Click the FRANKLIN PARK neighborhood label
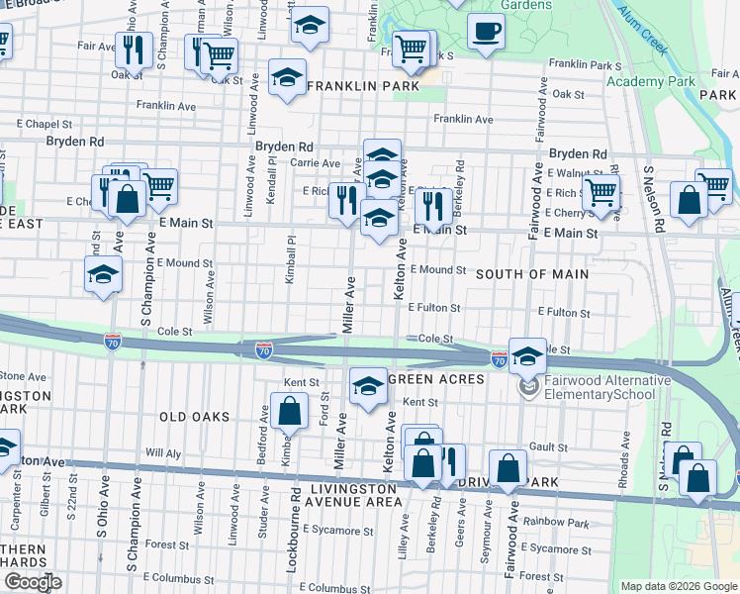pos(362,86)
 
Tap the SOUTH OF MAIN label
pos(532,274)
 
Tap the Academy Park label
pos(637,81)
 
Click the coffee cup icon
pos(485,32)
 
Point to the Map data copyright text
pos(679,586)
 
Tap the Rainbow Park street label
pos(556,522)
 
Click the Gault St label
pos(547,446)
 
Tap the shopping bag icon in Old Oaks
pos(288,410)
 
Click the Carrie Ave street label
pos(315,162)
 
